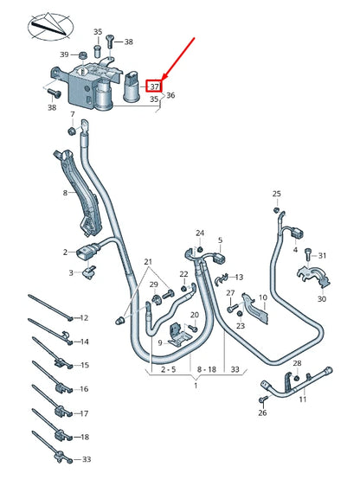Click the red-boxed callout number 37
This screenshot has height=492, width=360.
click(153, 86)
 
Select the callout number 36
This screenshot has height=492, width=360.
click(170, 95)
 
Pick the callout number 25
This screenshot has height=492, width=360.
click(277, 194)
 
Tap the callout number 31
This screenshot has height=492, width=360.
click(322, 255)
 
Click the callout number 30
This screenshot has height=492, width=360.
click(321, 299)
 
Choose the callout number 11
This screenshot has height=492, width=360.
click(303, 399)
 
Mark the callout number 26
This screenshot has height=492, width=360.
click(262, 413)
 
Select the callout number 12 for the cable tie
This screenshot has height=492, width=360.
click(84, 317)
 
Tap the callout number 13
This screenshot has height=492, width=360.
click(239, 277)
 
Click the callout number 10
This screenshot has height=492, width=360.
click(262, 297)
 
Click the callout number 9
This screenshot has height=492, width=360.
click(160, 342)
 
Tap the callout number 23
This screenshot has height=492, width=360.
click(241, 325)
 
